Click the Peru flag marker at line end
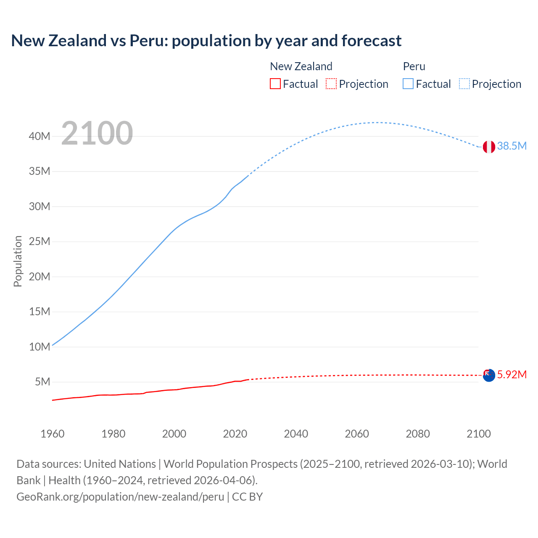click(489, 147)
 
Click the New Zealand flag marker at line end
click(489, 375)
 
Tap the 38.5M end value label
click(512, 146)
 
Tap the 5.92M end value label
click(512, 374)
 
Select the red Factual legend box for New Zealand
click(275, 84)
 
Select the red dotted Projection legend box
click(331, 84)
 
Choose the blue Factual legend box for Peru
click(408, 84)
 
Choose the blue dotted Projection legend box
click(464, 84)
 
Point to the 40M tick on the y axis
click(40, 136)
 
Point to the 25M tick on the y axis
click(40, 241)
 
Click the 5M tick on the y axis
click(42, 382)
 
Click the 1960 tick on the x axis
click(53, 434)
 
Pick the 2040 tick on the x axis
click(296, 434)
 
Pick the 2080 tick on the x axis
click(418, 434)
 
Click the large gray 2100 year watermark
click(97, 133)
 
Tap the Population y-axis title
click(18, 261)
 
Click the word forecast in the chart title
click(372, 40)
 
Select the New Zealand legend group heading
click(301, 66)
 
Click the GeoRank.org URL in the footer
click(120, 496)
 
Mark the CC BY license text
click(248, 496)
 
